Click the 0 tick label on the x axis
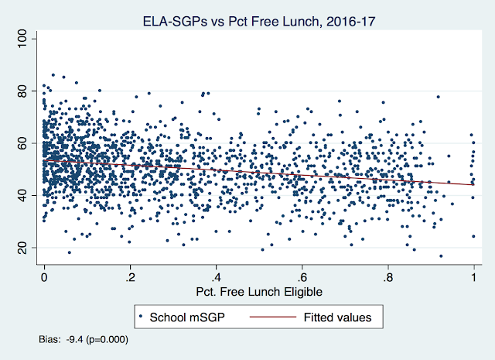(x=44, y=278)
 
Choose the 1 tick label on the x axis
(x=473, y=278)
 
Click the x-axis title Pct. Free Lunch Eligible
(x=258, y=292)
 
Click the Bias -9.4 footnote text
(x=83, y=339)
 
